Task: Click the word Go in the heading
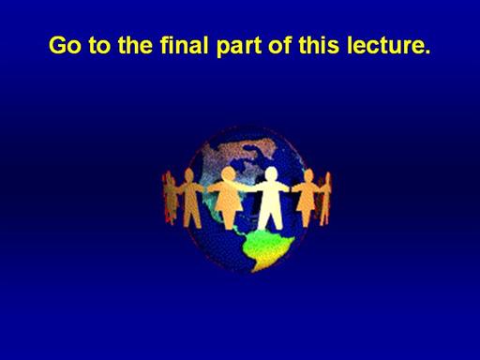[65, 45]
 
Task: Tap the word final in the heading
[184, 45]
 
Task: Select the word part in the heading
[239, 47]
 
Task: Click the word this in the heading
[319, 45]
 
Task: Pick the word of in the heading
[279, 45]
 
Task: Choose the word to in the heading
[99, 46]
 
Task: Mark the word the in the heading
[135, 45]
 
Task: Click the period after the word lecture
[427, 52]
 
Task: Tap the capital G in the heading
[58, 45]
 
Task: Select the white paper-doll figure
[271, 198]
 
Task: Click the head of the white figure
[271, 173]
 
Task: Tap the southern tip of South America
[254, 270]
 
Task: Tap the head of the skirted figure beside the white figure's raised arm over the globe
[229, 173]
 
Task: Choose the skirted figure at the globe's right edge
[307, 198]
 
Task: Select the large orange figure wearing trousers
[190, 198]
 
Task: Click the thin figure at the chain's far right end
[325, 199]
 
